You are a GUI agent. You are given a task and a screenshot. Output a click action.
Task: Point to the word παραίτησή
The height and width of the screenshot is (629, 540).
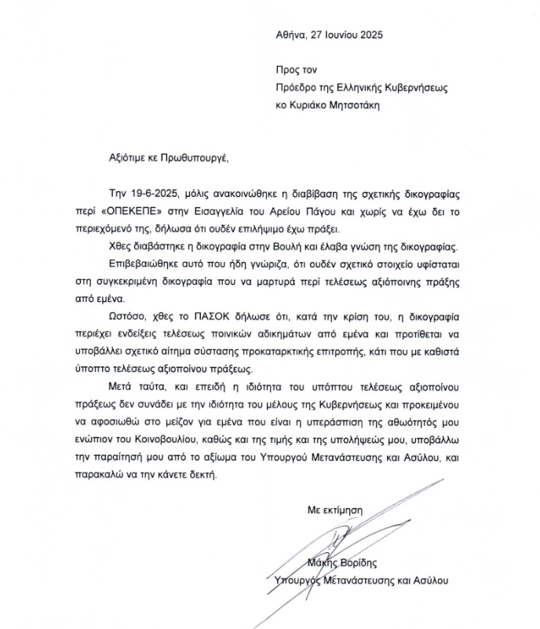tap(138, 459)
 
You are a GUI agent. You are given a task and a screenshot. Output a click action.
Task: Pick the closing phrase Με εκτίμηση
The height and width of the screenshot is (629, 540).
tap(335, 509)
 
